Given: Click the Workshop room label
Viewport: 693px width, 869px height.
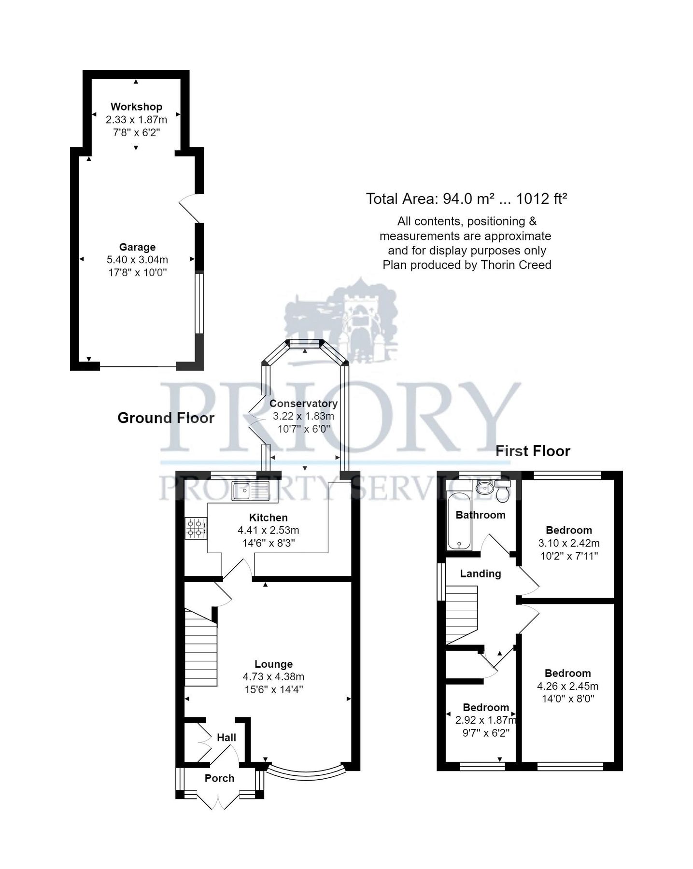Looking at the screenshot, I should (x=136, y=107).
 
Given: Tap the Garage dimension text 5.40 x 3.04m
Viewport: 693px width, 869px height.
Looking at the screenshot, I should (x=137, y=260).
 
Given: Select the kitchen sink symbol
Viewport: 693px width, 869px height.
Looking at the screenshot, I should (x=250, y=491).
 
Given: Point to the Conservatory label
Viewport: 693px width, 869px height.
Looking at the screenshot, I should (x=303, y=403).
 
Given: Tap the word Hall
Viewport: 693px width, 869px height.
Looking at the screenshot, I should (x=226, y=738).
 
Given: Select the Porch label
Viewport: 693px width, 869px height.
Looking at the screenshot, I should (x=219, y=778).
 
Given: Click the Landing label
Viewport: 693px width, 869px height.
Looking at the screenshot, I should (x=480, y=574).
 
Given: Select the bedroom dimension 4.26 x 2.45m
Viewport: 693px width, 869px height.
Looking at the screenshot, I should (x=567, y=686).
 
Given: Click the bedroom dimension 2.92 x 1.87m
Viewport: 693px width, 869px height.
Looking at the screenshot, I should (x=485, y=720).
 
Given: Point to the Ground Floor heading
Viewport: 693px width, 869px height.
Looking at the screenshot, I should (x=166, y=418).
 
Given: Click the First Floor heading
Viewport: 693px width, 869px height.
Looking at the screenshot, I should (x=533, y=451).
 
